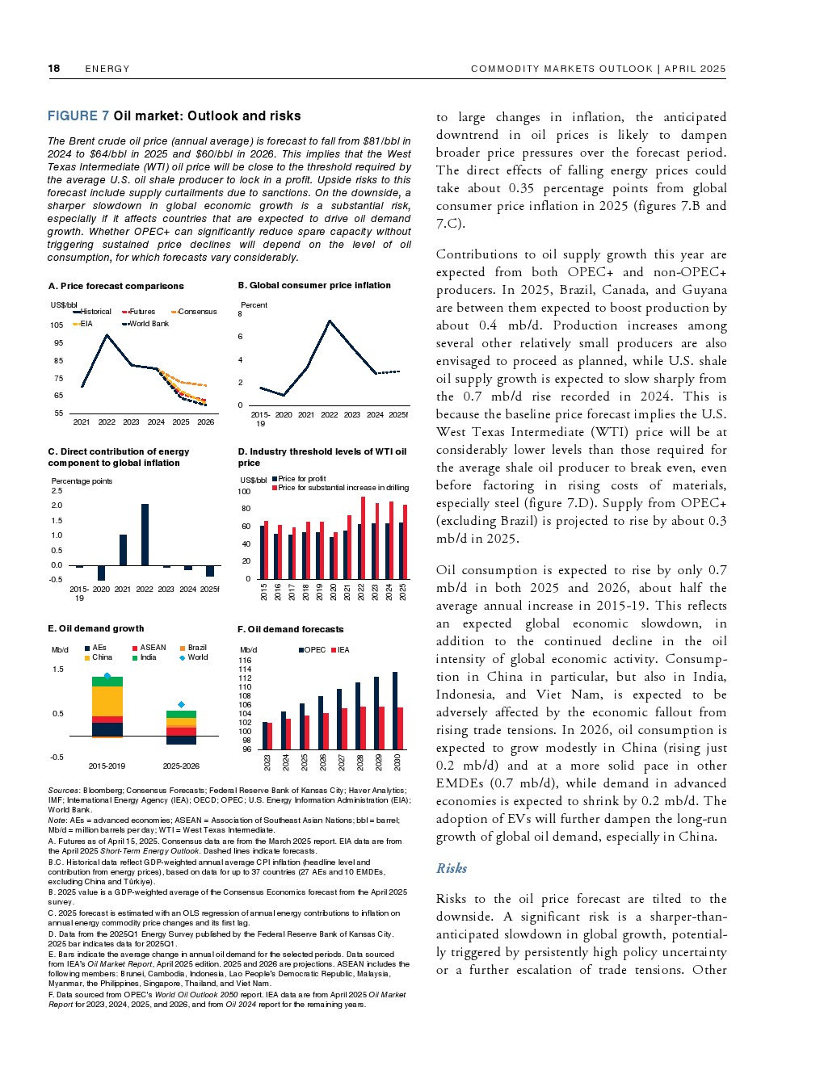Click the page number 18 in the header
tap(54, 69)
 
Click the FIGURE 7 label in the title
tap(78, 116)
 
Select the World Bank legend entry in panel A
tap(148, 324)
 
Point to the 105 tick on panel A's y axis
tap(57, 325)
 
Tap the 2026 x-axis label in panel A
tap(206, 422)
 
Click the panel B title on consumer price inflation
tap(314, 285)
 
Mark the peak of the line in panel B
tap(330, 321)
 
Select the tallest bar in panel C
tap(145, 535)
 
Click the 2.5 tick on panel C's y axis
tap(57, 491)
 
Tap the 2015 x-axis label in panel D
tap(264, 591)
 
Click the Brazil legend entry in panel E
tap(196, 648)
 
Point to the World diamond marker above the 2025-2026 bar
tap(181, 705)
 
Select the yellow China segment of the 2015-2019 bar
tap(107, 701)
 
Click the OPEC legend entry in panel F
tap(314, 650)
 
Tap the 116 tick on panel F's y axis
tap(246, 661)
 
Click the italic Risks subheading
tap(452, 868)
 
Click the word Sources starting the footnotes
tap(63, 791)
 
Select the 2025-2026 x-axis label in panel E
tap(181, 766)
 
